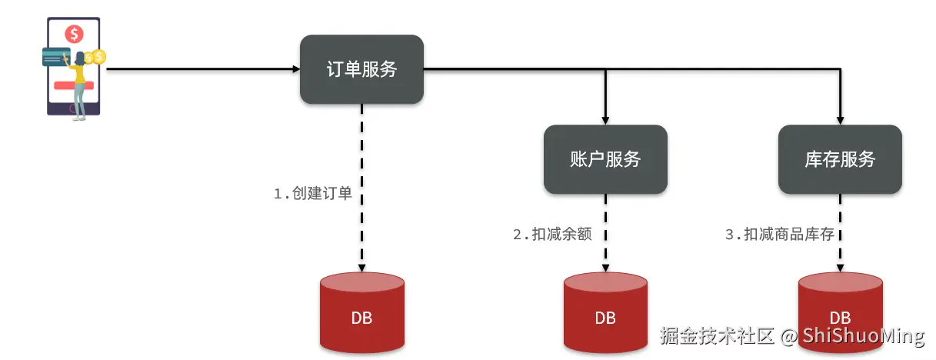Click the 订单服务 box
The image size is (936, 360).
pyautogui.click(x=361, y=69)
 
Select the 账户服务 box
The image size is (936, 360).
pyautogui.click(x=605, y=159)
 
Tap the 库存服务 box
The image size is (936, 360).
pyautogui.click(x=840, y=159)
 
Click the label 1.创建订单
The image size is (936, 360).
pyautogui.click(x=313, y=194)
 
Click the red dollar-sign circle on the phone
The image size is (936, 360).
pyautogui.click(x=75, y=34)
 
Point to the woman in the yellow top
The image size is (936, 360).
pyautogui.click(x=78, y=81)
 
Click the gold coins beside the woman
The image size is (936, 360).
pyautogui.click(x=95, y=57)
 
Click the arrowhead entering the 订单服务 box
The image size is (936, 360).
pyautogui.click(x=296, y=69)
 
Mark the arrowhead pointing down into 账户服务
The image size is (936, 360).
pyautogui.click(x=605, y=120)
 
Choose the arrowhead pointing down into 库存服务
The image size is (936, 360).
pyautogui.click(x=840, y=120)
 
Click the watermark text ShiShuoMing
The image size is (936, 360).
pyautogui.click(x=863, y=336)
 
